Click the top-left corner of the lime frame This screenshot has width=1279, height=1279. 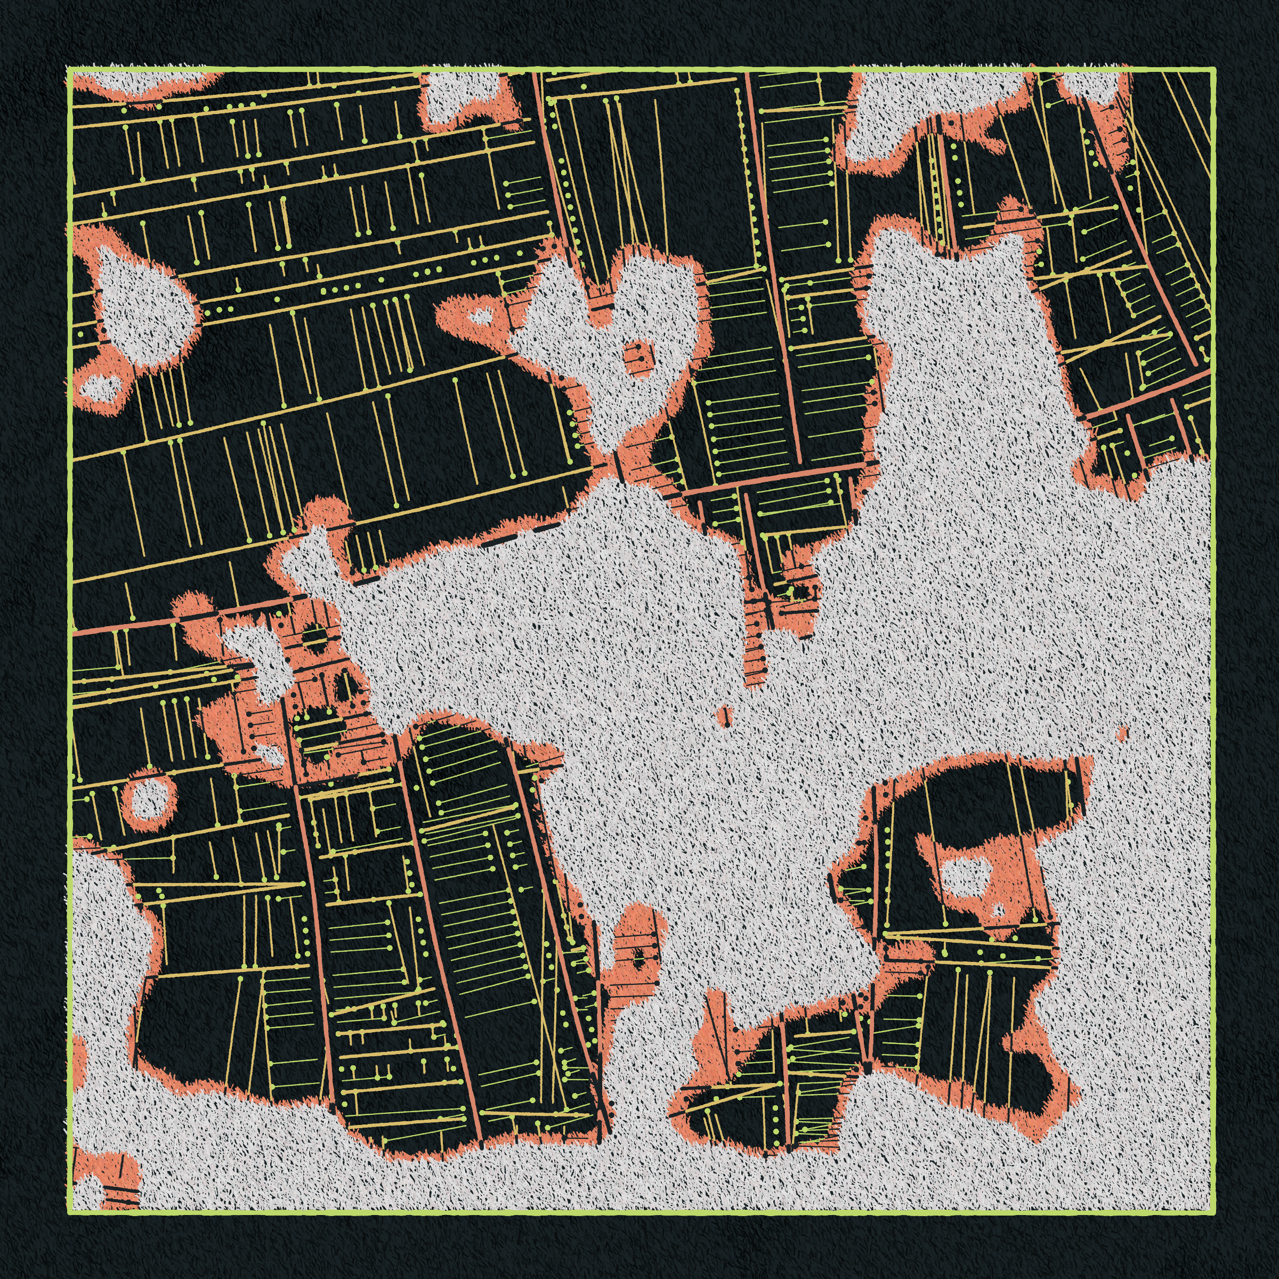point(69,69)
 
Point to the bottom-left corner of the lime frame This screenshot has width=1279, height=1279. point(69,1213)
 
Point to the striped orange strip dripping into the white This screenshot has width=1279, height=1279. point(754,636)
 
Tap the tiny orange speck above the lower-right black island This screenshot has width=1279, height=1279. point(1122,733)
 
